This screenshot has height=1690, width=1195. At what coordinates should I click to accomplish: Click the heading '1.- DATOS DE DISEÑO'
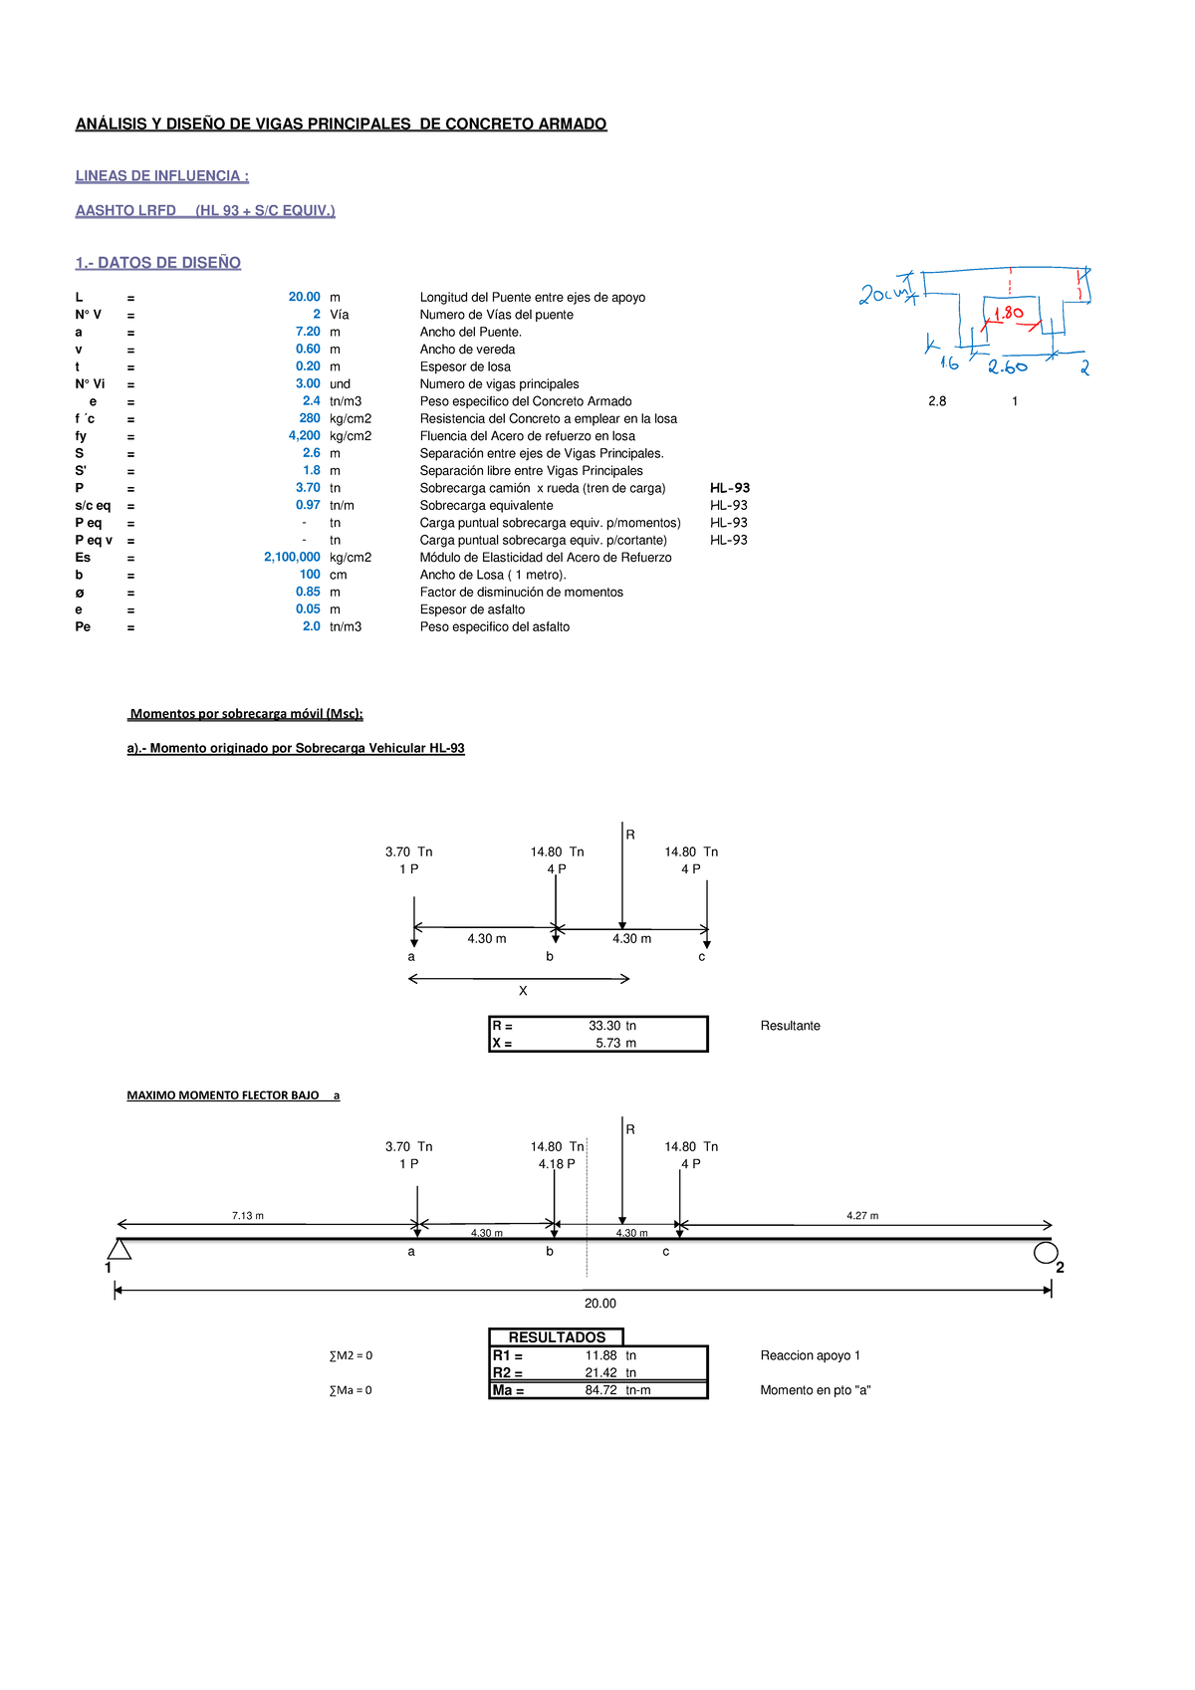[157, 263]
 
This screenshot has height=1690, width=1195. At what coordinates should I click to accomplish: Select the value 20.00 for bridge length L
[304, 297]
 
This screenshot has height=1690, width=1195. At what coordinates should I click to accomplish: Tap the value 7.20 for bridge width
[308, 332]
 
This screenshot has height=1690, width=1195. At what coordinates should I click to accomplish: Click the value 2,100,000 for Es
[292, 558]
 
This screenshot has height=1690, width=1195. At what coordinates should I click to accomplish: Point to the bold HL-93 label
[730, 488]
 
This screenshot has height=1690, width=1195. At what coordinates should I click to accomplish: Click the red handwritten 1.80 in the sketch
[1008, 313]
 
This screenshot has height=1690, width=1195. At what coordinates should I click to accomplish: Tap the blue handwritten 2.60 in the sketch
[1008, 367]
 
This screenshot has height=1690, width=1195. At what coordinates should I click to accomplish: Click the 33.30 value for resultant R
[604, 1026]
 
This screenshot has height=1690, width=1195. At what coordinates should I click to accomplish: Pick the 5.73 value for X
[608, 1044]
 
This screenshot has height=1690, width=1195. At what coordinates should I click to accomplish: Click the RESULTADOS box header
[557, 1337]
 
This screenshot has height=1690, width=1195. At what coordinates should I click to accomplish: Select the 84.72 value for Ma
[601, 1390]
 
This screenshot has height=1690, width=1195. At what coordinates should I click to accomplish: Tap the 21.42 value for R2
[601, 1373]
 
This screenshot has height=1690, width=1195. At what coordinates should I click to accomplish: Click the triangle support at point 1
[119, 1250]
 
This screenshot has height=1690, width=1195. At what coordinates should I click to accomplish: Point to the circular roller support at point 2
[1046, 1253]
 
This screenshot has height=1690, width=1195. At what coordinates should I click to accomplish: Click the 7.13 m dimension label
[247, 1216]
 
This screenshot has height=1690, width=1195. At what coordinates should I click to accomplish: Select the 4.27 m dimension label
[862, 1216]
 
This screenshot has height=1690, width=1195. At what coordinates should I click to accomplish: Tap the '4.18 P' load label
[557, 1164]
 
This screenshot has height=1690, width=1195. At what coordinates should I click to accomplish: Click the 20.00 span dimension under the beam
[600, 1304]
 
